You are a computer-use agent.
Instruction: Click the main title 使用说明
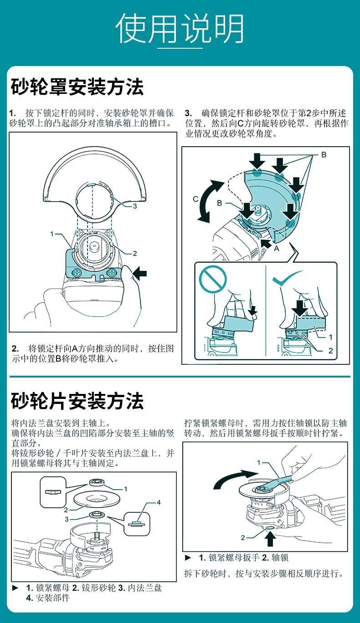click(180, 29)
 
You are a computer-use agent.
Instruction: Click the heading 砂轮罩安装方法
click(77, 87)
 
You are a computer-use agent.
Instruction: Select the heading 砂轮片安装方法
click(77, 401)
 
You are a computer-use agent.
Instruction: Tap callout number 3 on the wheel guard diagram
click(135, 206)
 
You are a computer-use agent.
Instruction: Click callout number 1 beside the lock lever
click(52, 234)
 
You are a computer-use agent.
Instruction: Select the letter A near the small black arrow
click(276, 248)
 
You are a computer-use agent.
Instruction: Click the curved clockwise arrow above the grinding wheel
click(235, 479)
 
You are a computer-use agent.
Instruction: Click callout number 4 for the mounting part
click(159, 502)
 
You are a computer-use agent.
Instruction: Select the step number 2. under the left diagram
click(15, 348)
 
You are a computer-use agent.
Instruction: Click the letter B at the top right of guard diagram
click(324, 154)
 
